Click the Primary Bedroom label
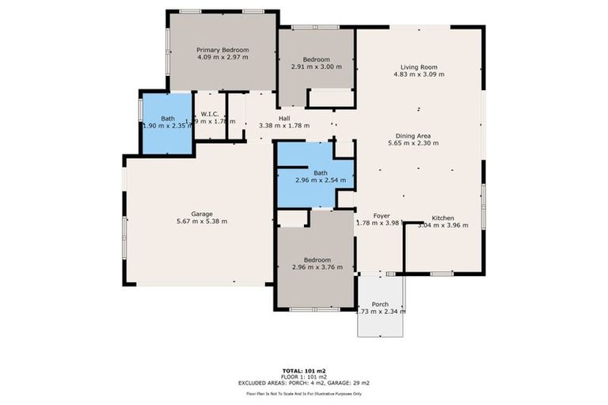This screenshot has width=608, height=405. pos(222,50)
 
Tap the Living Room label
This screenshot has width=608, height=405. pos(419,67)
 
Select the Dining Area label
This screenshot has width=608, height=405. pos(419,136)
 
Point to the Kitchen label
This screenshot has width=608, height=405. pos(443,218)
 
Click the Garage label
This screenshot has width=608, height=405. pos(201,214)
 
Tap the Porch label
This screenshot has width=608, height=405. pos(380,304)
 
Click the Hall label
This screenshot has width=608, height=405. pos(283,118)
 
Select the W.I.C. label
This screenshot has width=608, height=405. pos(210,114)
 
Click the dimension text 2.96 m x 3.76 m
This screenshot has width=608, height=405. pos(317,267)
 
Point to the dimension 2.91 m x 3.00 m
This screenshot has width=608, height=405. pos(316,67)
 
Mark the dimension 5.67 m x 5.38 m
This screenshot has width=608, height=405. pos(201,221)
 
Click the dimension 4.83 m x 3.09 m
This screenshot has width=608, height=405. pos(419,75)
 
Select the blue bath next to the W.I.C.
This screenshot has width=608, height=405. pos(167,123)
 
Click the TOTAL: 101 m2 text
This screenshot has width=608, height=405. pos(303,370)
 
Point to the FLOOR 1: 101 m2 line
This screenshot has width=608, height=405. pos(303,377)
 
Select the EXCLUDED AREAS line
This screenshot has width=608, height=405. pos(303,383)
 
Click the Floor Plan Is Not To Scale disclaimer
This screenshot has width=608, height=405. pos(303,393)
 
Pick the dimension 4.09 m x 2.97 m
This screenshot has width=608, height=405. pos(222,58)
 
